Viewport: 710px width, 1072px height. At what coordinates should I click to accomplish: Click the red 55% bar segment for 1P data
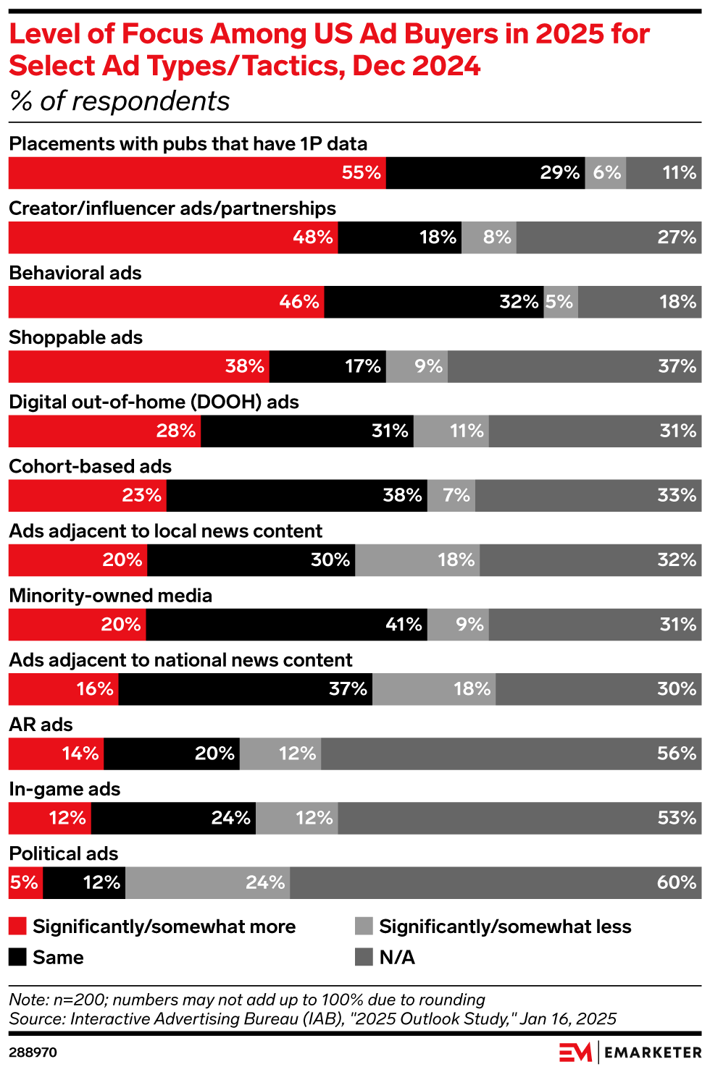(197, 173)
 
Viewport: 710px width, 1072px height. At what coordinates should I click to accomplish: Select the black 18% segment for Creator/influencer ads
(399, 237)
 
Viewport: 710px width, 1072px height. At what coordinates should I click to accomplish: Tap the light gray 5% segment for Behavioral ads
(561, 302)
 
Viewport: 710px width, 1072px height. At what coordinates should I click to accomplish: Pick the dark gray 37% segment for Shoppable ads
(575, 366)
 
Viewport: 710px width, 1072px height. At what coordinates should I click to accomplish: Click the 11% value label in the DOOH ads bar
(467, 431)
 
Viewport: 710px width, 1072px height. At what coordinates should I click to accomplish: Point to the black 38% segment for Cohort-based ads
(296, 496)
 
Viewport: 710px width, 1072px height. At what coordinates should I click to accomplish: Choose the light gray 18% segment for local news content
(417, 560)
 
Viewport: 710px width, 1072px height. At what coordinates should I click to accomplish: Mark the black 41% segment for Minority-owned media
(286, 625)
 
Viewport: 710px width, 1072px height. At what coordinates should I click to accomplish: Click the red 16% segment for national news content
(64, 689)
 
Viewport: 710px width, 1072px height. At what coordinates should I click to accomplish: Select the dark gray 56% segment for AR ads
(511, 754)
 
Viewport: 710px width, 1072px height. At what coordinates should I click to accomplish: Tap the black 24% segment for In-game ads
(173, 818)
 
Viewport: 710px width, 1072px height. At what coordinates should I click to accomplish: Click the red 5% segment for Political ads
(25, 882)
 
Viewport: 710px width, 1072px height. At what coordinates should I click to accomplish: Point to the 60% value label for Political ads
(677, 882)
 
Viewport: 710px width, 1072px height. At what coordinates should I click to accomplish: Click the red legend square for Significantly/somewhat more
(18, 926)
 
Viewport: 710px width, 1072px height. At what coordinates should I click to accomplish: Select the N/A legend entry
(397, 958)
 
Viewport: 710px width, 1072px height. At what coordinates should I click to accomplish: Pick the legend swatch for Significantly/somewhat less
(364, 926)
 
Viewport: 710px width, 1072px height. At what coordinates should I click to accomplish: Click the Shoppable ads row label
(75, 338)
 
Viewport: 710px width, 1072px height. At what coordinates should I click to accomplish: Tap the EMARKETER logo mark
(576, 1052)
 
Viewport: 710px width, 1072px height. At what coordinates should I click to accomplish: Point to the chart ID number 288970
(33, 1052)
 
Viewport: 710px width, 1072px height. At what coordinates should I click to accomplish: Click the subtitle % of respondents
(120, 101)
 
